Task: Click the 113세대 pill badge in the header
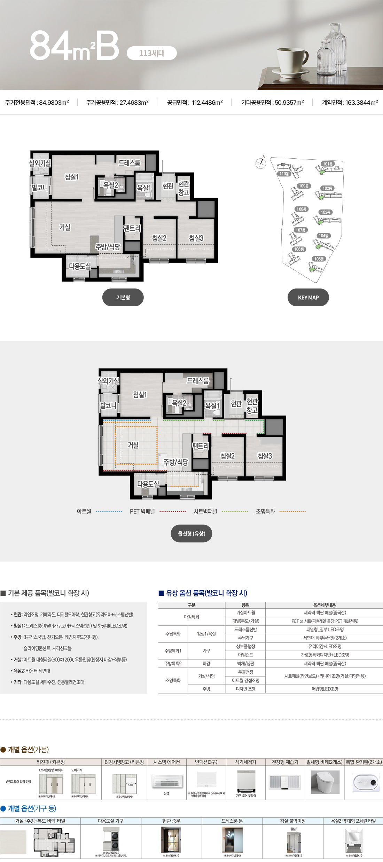pyautogui.click(x=152, y=53)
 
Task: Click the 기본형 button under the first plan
pyautogui.click(x=123, y=298)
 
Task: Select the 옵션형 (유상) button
pyautogui.click(x=191, y=533)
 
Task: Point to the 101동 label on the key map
pyautogui.click(x=328, y=164)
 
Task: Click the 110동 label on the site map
pyautogui.click(x=284, y=174)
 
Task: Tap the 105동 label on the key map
pyautogui.click(x=319, y=259)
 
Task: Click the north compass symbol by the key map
pyautogui.click(x=260, y=163)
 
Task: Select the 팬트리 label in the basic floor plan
pyautogui.click(x=132, y=228)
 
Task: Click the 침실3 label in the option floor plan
pyautogui.click(x=265, y=456)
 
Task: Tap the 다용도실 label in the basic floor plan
pyautogui.click(x=80, y=266)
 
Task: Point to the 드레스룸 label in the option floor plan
pyautogui.click(x=198, y=381)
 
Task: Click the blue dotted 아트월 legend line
pyautogui.click(x=109, y=512)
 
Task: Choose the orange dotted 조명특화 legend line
pyautogui.click(x=292, y=512)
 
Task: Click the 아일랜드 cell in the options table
pyautogui.click(x=245, y=655)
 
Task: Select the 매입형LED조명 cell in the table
pyautogui.click(x=325, y=689)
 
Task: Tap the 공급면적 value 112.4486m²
pyautogui.click(x=207, y=103)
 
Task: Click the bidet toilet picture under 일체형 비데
pyautogui.click(x=325, y=782)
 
